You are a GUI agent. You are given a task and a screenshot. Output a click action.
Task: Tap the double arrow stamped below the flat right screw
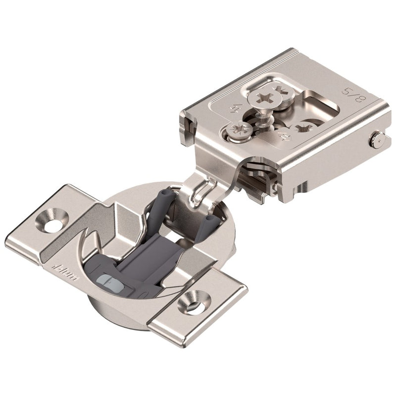[286, 137]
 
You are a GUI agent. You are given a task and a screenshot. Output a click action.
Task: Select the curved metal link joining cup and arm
[198, 188]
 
